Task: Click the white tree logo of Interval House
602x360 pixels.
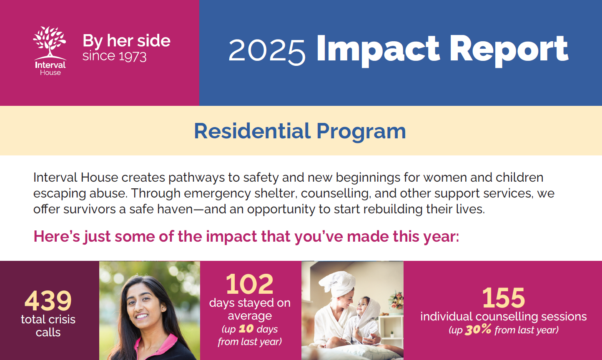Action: point(50,42)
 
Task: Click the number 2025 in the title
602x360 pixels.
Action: point(267,51)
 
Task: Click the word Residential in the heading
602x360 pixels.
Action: point(252,131)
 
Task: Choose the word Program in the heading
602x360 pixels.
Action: point(361,132)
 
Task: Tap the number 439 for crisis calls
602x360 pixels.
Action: point(48,300)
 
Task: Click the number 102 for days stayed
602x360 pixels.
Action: point(250,284)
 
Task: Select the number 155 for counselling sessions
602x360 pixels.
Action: point(503,297)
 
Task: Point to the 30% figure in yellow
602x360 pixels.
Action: point(478,330)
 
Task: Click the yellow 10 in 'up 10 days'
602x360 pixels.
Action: point(246,329)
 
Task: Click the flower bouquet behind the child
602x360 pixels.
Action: point(396,301)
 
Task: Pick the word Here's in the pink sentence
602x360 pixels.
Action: point(57,236)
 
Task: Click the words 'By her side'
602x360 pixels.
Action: point(126,41)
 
